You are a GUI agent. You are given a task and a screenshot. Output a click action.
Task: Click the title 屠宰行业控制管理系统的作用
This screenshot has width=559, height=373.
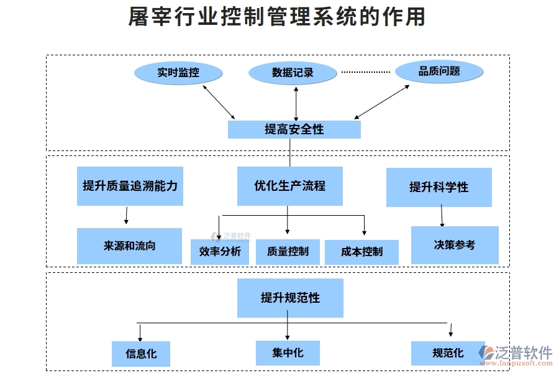click(277, 17)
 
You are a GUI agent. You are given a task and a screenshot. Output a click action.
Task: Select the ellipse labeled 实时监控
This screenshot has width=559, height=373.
click(178, 73)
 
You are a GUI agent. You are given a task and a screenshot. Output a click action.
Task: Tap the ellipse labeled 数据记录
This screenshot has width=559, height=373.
click(293, 73)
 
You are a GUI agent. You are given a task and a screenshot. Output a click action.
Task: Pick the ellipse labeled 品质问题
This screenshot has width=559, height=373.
click(440, 71)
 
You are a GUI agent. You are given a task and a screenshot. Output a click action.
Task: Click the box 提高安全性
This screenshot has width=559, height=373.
click(294, 129)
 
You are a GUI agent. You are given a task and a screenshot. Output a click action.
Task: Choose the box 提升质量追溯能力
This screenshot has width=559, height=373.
click(130, 186)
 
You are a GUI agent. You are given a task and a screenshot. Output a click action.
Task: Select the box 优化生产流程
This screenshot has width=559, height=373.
click(289, 186)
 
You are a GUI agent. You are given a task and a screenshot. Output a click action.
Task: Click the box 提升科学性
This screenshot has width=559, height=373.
click(439, 187)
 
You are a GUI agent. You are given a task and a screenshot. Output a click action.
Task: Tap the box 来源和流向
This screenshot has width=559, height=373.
click(129, 246)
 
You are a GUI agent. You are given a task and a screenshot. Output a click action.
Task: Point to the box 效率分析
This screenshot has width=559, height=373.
click(219, 252)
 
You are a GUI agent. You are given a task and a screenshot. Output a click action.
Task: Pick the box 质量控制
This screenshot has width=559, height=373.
click(288, 252)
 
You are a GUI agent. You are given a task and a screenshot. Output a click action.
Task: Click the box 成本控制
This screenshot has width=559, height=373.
click(361, 252)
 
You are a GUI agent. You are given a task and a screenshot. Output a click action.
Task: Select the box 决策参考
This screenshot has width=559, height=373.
click(455, 245)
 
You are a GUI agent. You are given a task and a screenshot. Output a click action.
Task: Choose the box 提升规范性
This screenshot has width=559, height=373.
click(290, 298)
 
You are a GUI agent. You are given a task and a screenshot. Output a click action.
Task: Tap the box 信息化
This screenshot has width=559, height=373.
click(141, 354)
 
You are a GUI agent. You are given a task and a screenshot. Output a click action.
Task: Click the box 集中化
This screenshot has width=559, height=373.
click(288, 352)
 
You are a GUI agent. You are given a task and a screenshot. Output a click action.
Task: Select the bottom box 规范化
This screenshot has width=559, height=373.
click(447, 352)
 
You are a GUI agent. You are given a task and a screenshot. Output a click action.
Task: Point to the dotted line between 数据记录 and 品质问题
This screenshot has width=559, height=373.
click(366, 72)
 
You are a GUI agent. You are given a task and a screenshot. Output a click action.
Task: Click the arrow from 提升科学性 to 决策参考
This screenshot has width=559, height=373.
click(442, 216)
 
